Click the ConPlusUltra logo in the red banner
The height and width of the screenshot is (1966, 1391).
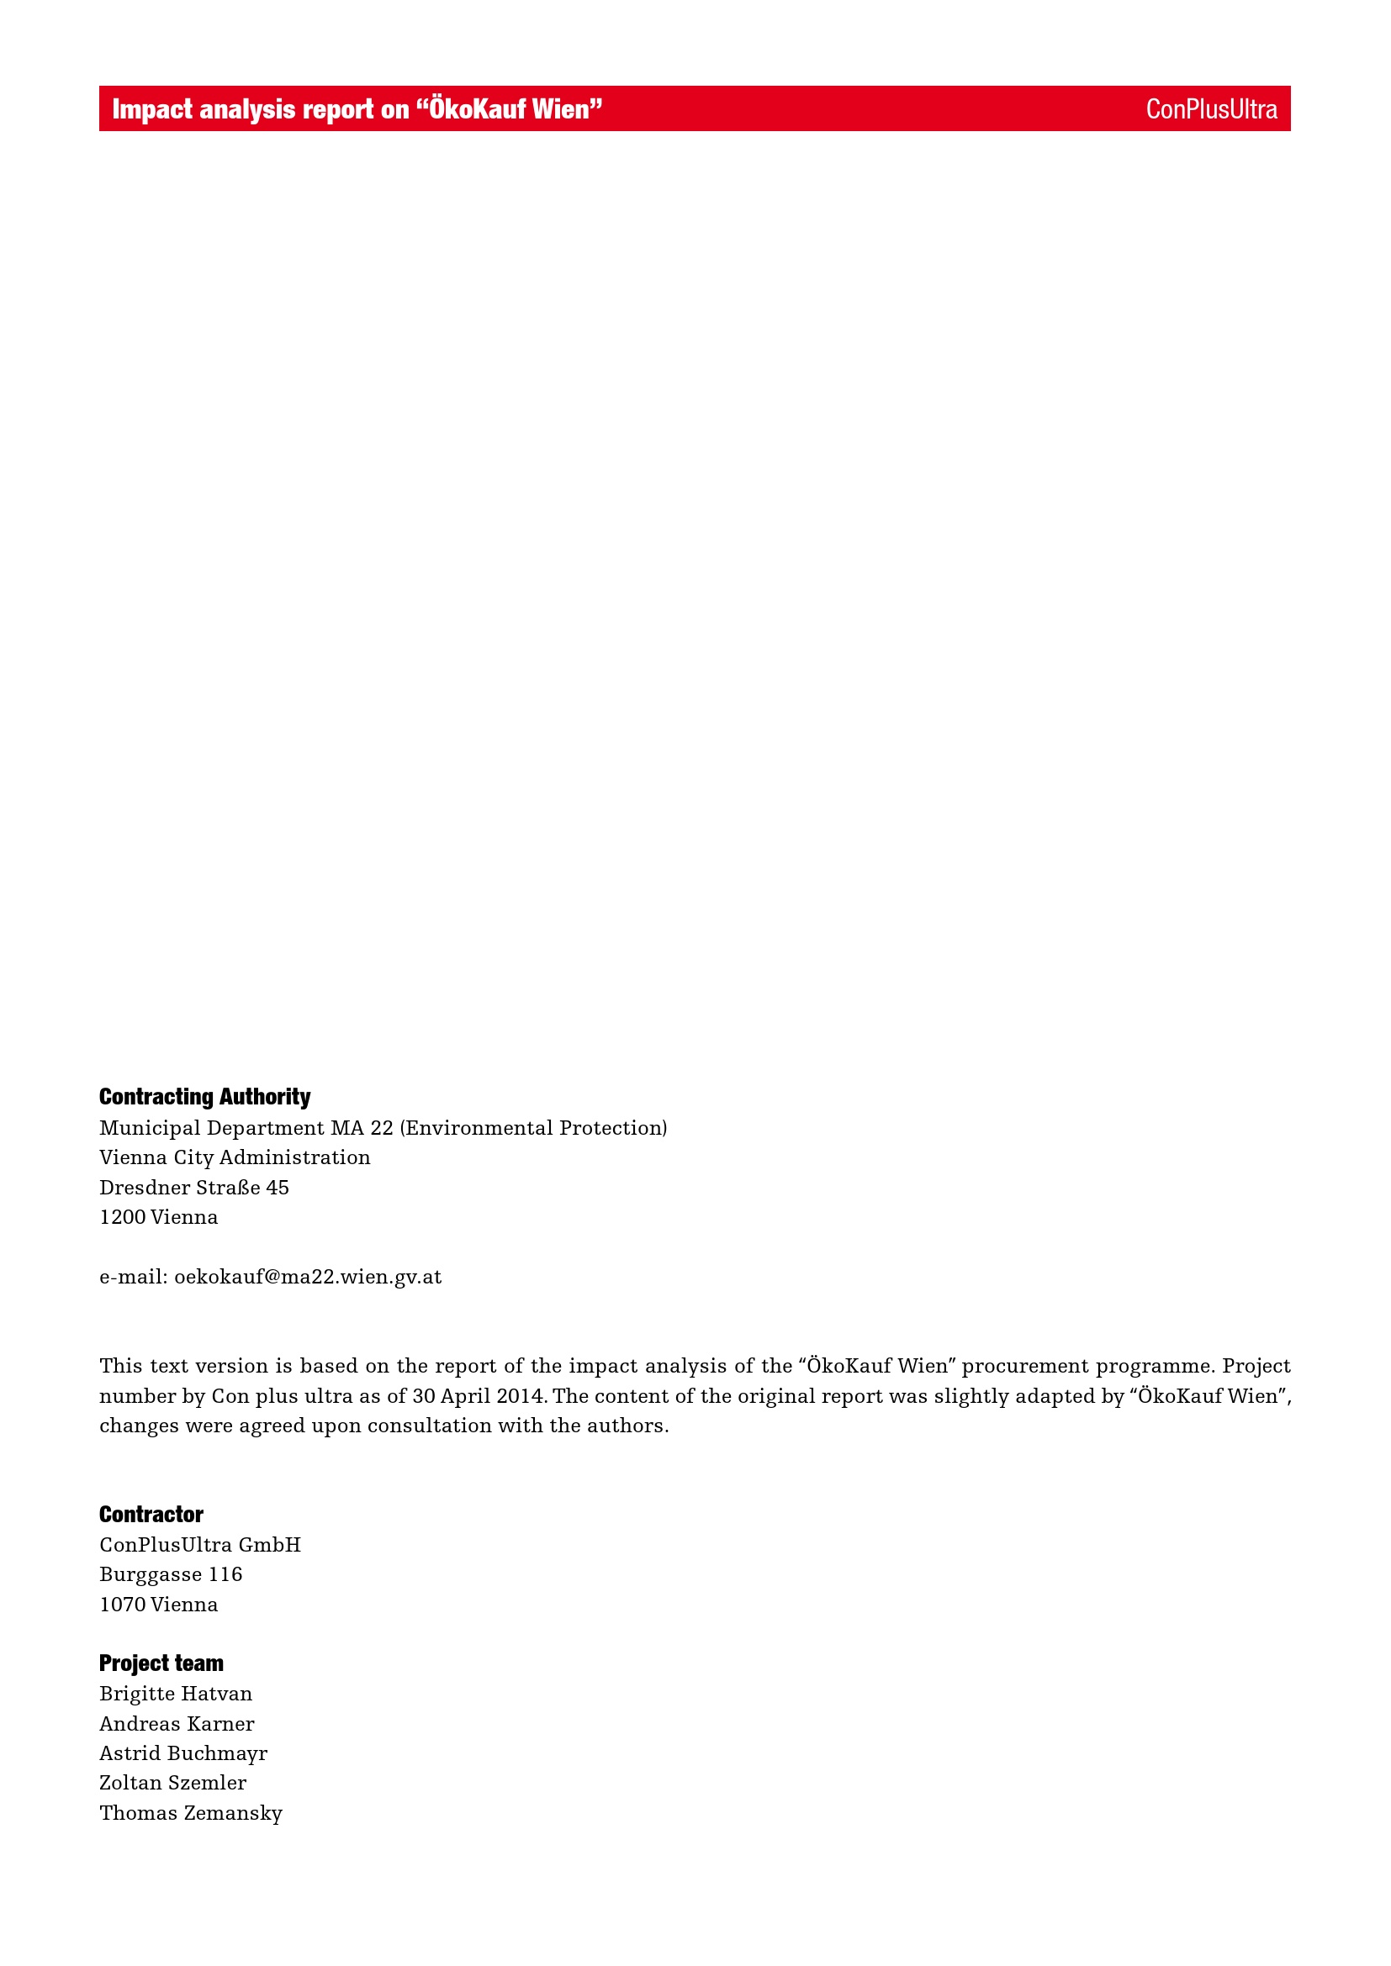click(x=1210, y=109)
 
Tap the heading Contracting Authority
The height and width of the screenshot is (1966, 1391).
click(x=204, y=1097)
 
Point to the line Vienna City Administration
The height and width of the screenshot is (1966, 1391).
click(x=235, y=1157)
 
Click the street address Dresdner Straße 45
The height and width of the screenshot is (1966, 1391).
click(x=194, y=1188)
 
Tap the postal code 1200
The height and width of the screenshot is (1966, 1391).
click(x=123, y=1218)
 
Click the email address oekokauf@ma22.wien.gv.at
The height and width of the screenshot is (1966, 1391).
click(x=308, y=1278)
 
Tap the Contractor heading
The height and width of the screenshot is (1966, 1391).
click(x=151, y=1515)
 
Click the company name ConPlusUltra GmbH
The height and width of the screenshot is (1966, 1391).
click(x=200, y=1545)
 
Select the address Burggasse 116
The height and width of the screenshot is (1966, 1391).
click(x=172, y=1574)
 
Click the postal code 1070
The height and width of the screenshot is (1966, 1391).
click(x=123, y=1605)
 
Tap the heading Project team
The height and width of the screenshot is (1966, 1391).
click(x=161, y=1663)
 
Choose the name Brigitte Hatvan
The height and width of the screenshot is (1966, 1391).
click(x=177, y=1694)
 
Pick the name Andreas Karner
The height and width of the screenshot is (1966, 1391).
click(x=177, y=1724)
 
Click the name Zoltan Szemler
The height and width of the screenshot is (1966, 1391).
click(x=173, y=1783)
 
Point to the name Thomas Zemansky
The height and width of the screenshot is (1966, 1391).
click(x=191, y=1813)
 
